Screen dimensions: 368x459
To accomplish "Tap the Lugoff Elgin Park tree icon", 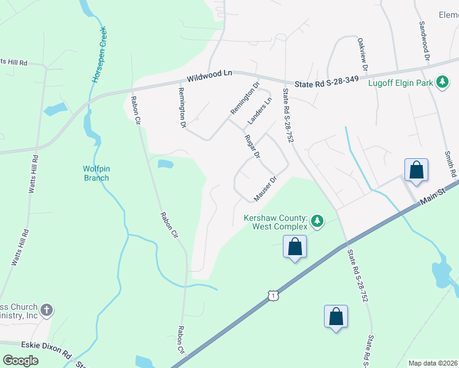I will [442, 82].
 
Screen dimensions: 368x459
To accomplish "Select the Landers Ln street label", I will [260, 110].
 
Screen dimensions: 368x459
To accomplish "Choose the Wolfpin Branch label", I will [96, 174].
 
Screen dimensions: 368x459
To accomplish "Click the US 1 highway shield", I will [273, 296].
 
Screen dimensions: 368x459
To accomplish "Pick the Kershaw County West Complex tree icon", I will [317, 219].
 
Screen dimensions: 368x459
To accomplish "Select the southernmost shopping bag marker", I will [336, 317].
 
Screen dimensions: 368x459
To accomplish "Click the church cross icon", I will [48, 310].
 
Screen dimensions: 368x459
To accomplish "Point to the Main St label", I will [441, 195].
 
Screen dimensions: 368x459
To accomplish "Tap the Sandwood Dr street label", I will [423, 41].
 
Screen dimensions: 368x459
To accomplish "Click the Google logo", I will [20, 360].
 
